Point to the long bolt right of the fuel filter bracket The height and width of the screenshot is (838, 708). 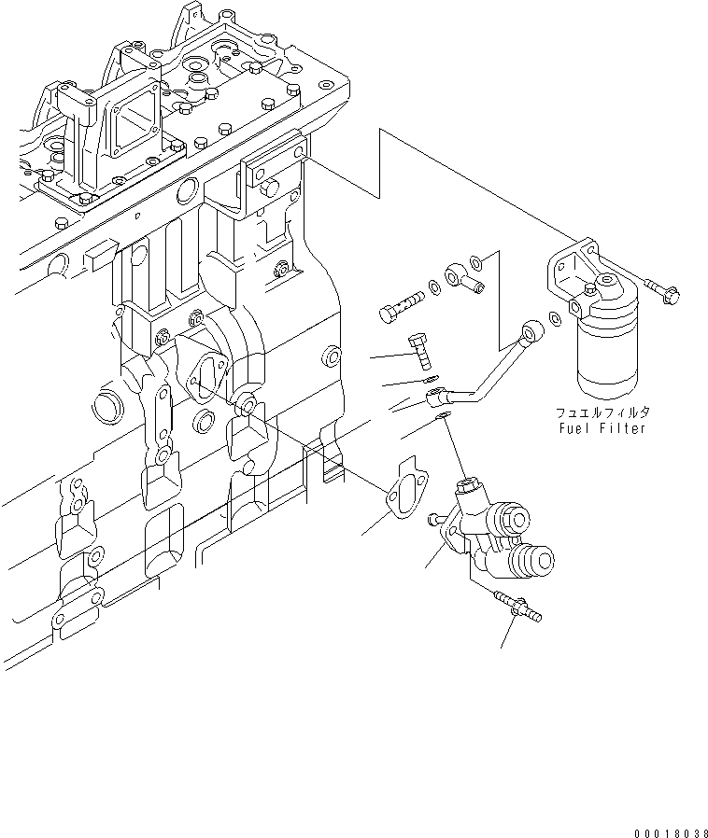coord(661,289)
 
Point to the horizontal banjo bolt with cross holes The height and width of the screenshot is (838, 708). coord(401,304)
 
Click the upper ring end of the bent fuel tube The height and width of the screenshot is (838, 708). coord(532,329)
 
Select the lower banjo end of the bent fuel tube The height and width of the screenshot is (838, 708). coord(437,400)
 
